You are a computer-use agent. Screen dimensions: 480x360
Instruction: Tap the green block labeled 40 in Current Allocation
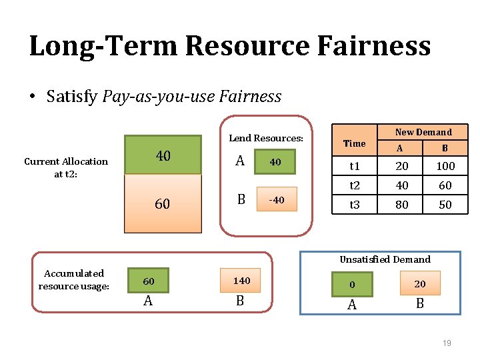click(163, 155)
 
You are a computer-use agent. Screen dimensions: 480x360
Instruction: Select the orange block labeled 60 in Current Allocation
click(163, 204)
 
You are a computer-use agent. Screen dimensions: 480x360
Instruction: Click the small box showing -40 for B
click(277, 200)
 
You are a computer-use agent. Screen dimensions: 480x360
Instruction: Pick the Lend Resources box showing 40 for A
click(275, 162)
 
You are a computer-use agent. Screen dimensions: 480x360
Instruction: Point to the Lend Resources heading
click(266, 138)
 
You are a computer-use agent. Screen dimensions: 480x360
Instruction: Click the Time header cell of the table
click(354, 143)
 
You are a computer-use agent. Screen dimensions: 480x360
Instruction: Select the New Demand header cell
click(423, 132)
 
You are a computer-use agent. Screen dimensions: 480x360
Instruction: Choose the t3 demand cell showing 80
click(402, 205)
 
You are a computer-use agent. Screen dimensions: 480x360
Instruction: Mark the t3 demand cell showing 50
click(445, 205)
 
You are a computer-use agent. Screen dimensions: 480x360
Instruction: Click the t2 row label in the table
click(354, 186)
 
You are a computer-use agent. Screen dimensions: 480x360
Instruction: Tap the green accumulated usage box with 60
click(148, 281)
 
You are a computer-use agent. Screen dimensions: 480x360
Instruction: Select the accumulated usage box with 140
click(241, 281)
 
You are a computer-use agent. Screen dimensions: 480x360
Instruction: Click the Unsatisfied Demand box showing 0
click(352, 284)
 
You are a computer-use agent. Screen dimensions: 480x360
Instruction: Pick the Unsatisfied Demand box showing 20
click(419, 284)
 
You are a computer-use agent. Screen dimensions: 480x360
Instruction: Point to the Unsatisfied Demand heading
click(385, 259)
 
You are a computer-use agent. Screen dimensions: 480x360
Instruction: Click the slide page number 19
click(447, 343)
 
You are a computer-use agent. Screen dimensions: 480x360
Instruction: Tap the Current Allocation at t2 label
click(65, 167)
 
